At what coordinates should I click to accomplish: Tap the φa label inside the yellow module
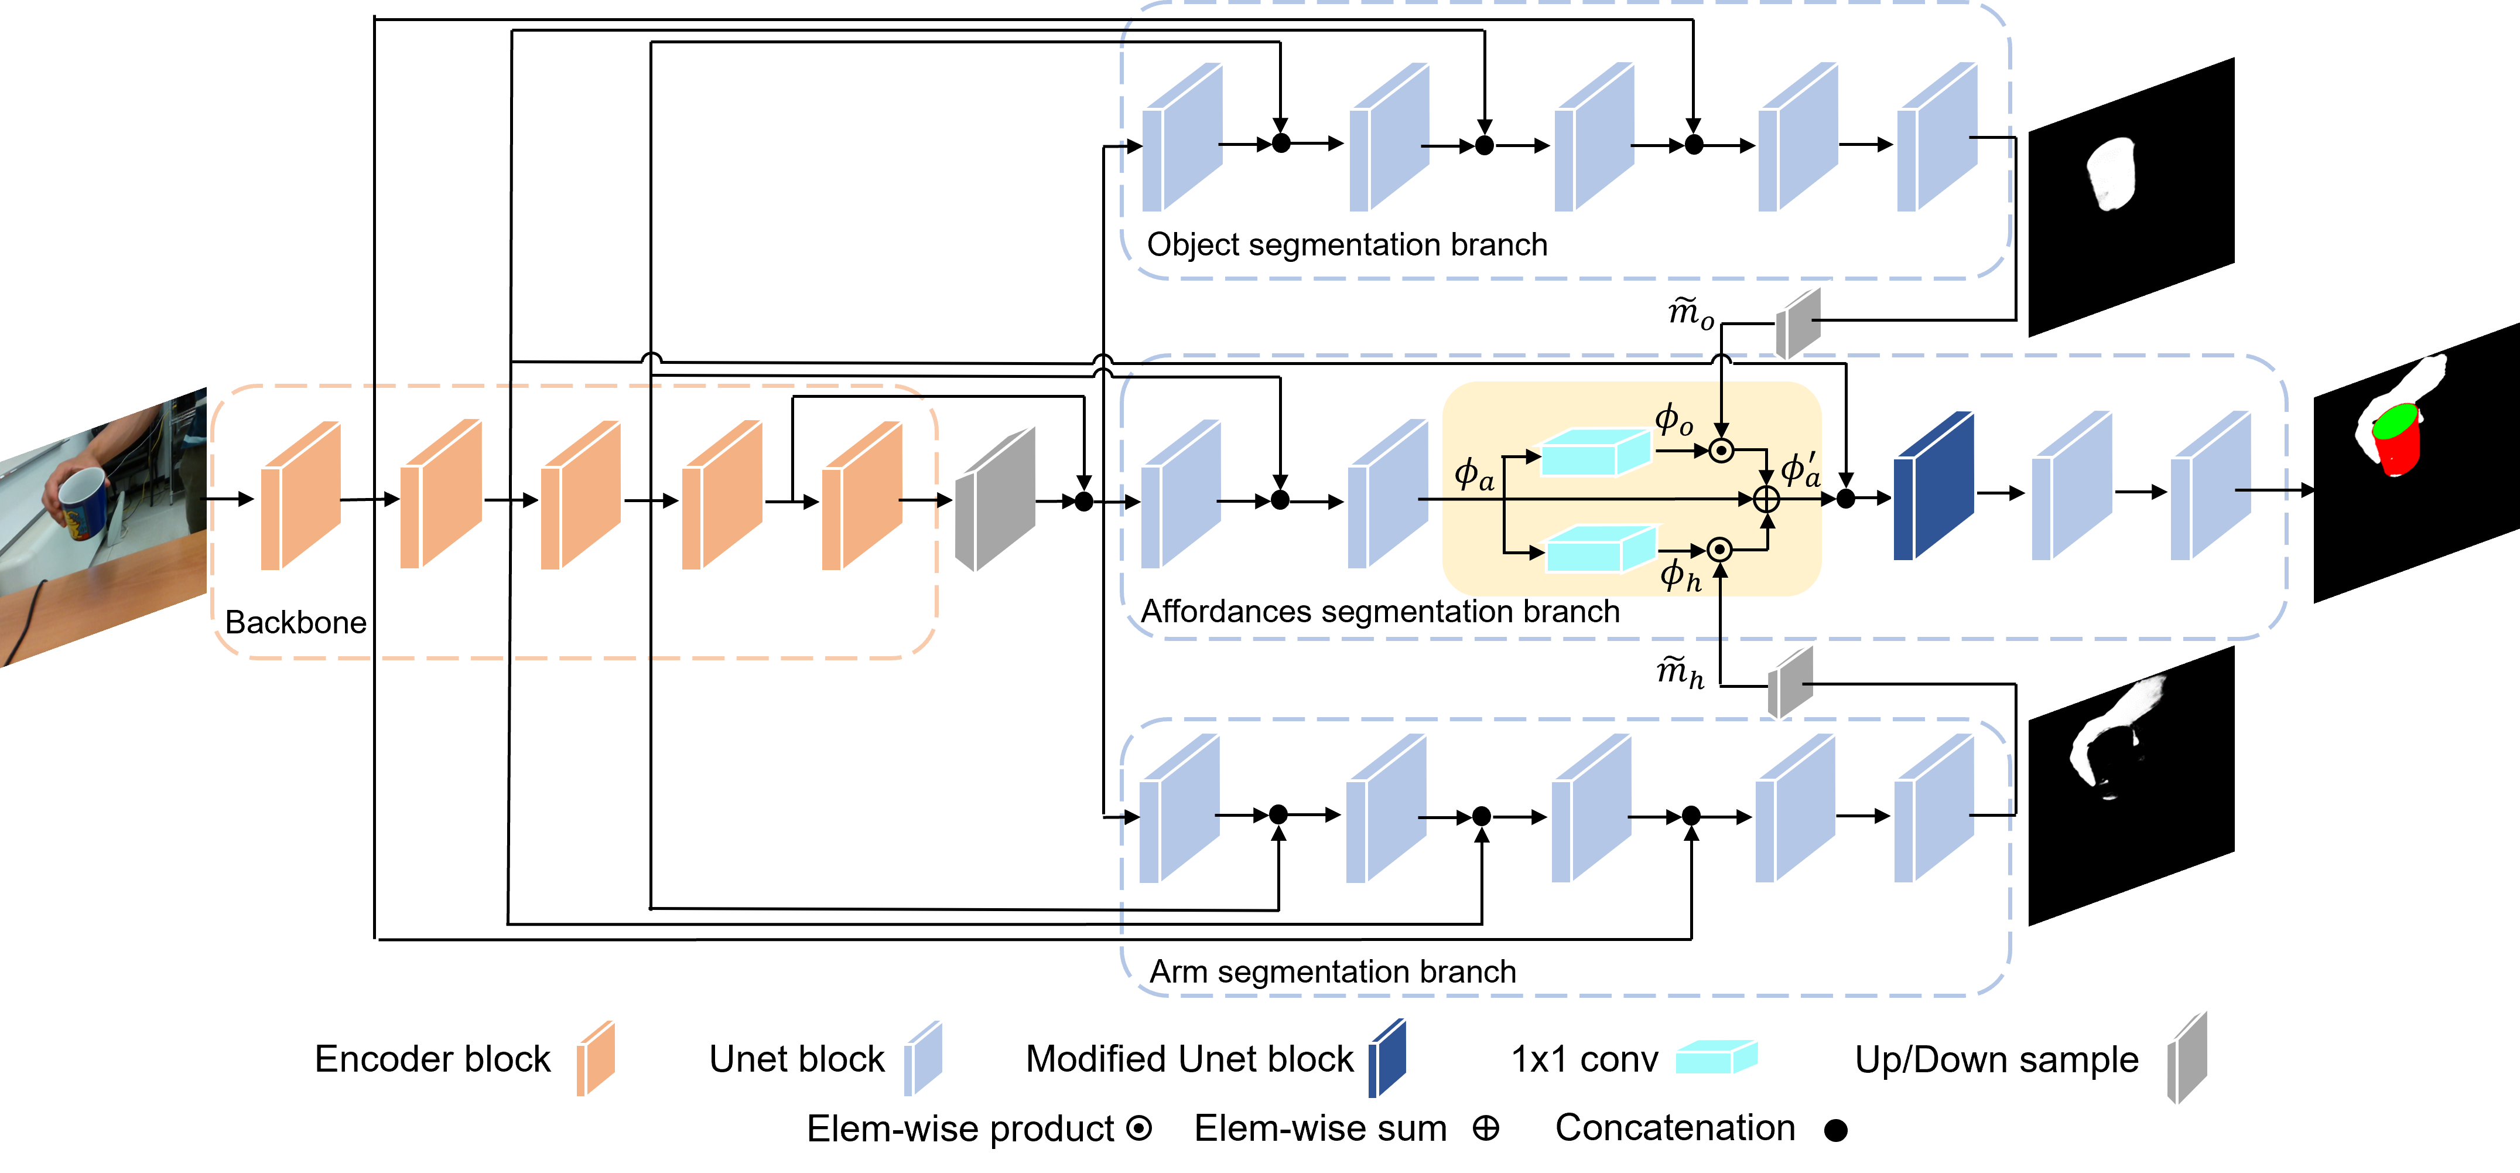tap(1473, 475)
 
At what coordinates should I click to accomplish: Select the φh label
tap(1680, 575)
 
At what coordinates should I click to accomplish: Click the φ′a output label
tap(1800, 470)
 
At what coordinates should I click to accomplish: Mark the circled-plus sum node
tap(1766, 499)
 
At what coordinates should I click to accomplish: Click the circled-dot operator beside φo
tap(1721, 451)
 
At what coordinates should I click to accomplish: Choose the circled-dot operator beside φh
tap(1720, 550)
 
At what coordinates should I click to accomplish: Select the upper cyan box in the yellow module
tap(1595, 453)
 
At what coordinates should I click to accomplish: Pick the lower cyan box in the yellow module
tap(1599, 550)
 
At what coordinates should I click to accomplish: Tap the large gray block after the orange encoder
tap(995, 500)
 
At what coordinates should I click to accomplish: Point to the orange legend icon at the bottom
tap(595, 1059)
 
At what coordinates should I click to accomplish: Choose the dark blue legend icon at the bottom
tap(1387, 1059)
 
